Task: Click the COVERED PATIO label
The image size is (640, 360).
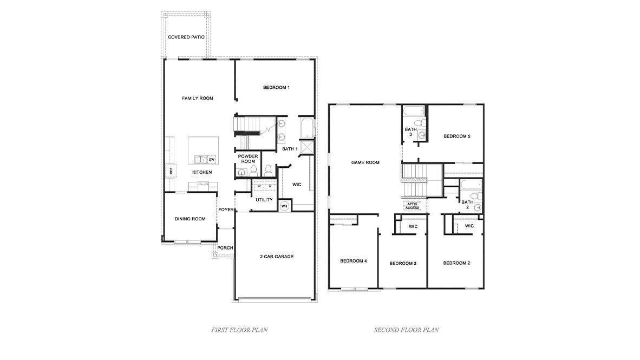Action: click(x=186, y=37)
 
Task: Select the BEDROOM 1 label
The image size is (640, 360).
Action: click(x=276, y=88)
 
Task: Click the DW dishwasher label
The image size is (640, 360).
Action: click(x=212, y=160)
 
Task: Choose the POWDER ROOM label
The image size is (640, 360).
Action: click(x=248, y=159)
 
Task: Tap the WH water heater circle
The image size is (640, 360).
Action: click(x=284, y=206)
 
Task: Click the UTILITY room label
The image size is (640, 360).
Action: click(x=264, y=200)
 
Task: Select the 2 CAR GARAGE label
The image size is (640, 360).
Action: click(x=276, y=257)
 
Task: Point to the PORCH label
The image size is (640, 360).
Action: click(x=225, y=248)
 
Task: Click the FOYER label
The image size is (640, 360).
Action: click(x=225, y=210)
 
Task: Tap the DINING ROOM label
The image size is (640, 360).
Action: click(x=190, y=219)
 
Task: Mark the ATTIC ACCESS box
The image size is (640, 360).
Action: click(x=412, y=206)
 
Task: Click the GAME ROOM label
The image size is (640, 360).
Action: click(x=365, y=162)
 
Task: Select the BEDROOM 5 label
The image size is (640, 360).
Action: click(x=456, y=136)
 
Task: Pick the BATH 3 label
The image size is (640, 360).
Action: click(x=410, y=132)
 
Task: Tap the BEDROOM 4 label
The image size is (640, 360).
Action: click(x=354, y=261)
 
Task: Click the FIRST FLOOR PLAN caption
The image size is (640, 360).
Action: click(x=239, y=329)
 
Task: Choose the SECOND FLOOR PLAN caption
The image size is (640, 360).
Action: click(x=406, y=329)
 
